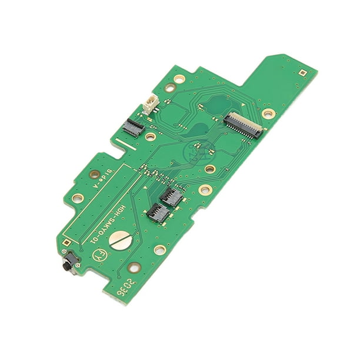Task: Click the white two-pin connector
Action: tap(149, 104)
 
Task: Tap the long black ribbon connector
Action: tap(242, 125)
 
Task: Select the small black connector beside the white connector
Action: tap(134, 126)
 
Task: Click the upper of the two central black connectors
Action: tap(171, 197)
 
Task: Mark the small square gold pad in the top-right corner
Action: tap(302, 73)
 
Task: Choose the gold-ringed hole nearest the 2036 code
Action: tap(135, 268)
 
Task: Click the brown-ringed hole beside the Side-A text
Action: tap(94, 174)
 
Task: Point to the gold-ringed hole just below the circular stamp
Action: tap(210, 169)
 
